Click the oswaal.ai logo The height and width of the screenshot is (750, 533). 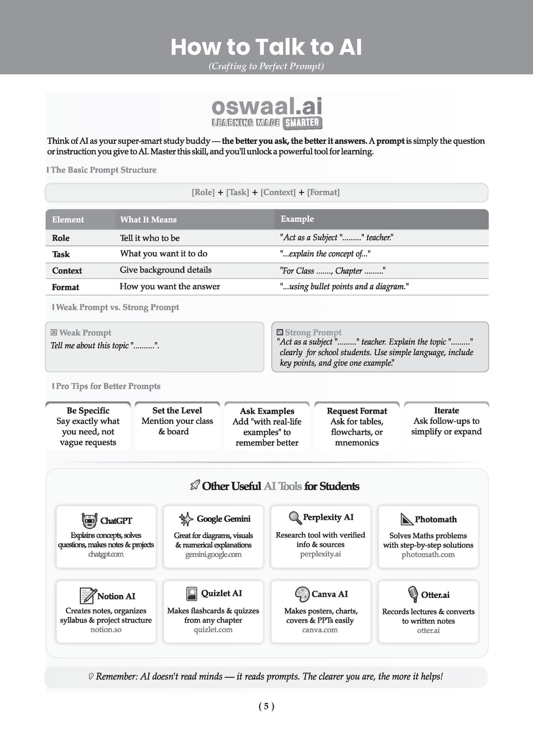(x=267, y=113)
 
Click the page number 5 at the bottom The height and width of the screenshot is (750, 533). (x=266, y=706)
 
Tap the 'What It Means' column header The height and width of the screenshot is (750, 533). (x=148, y=219)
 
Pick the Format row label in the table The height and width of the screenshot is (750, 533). (x=66, y=287)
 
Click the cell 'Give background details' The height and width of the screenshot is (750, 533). (x=166, y=270)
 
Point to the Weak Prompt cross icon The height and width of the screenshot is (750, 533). (x=54, y=332)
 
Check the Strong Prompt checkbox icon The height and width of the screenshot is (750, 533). (x=280, y=332)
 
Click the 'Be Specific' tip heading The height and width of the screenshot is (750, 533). (x=88, y=410)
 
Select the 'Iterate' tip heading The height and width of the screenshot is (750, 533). (x=446, y=410)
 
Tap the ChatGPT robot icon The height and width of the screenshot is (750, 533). (x=90, y=520)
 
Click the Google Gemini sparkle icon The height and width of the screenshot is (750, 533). (x=186, y=519)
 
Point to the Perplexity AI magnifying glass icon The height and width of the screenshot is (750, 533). (x=295, y=518)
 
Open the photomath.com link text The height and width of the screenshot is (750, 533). (x=428, y=554)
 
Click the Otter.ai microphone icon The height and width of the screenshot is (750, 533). (x=413, y=594)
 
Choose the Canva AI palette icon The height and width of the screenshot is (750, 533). (x=302, y=594)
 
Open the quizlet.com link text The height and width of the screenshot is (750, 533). (x=213, y=630)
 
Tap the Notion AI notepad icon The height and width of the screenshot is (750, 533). (x=87, y=595)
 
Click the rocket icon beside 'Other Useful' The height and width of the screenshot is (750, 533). (x=195, y=486)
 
